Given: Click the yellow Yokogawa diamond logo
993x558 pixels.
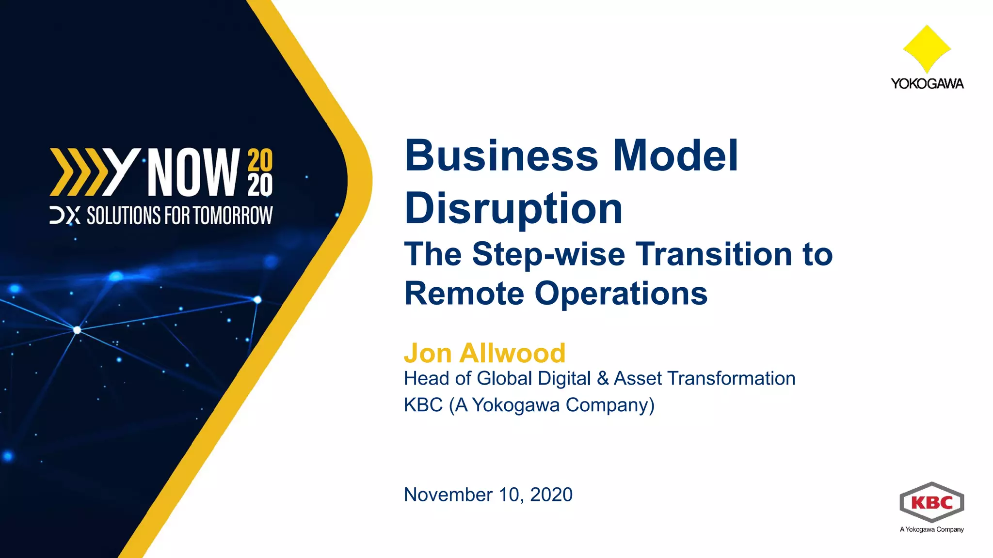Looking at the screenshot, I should click(x=927, y=49).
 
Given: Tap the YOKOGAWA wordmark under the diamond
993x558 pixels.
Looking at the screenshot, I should click(x=927, y=84).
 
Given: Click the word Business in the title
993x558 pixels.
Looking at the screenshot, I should click(x=501, y=156).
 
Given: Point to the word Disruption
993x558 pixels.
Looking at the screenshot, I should click(x=513, y=209).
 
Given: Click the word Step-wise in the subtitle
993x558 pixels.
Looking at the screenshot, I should click(x=548, y=254).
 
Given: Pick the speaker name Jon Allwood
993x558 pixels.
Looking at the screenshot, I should click(x=484, y=353).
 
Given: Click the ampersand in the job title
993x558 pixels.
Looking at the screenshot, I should click(x=603, y=379).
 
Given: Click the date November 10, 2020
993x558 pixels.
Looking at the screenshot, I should click(x=488, y=495).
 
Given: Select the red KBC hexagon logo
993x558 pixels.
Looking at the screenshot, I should click(x=931, y=502).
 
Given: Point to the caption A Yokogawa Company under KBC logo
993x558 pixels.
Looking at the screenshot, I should click(x=931, y=529).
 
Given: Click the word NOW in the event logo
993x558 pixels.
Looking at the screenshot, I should click(x=193, y=172).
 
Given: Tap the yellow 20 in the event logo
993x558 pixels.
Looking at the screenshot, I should click(x=260, y=160).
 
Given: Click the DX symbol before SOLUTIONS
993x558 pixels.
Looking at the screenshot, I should click(x=65, y=216).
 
